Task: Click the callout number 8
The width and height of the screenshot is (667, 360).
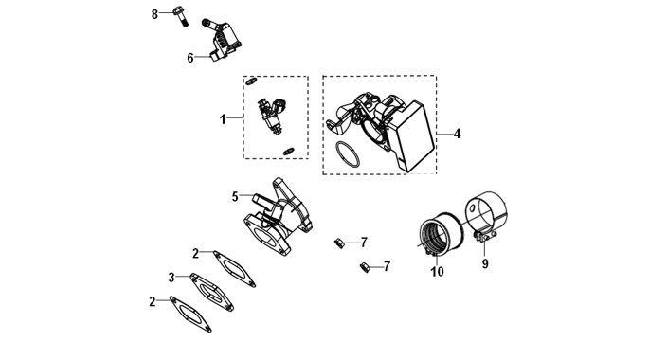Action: pos(154,14)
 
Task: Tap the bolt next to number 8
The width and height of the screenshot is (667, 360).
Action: pos(180,16)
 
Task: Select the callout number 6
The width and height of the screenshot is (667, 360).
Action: pos(190,58)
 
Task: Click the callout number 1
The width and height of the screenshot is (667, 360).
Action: pos(223,119)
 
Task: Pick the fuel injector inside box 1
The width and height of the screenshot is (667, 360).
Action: pos(273,115)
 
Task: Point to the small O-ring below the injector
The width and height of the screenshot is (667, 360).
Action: pos(289,151)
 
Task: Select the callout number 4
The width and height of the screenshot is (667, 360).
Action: pos(457,134)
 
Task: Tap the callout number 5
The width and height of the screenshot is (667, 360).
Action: pos(235,197)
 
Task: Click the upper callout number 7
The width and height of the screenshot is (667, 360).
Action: pos(364,243)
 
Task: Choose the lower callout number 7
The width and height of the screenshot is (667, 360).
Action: pos(387,267)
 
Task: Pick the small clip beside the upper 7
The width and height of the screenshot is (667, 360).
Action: pos(338,243)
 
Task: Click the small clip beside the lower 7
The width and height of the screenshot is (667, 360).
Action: pos(365,267)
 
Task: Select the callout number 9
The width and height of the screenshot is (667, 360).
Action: pos(485,263)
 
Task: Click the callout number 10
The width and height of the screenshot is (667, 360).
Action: pos(438,272)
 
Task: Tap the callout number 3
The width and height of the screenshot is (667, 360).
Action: pos(171,278)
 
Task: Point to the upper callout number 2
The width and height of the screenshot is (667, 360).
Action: pos(195,254)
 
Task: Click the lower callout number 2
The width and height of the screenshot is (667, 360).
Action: pos(153,301)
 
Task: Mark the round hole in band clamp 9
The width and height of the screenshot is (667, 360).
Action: pos(472,208)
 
